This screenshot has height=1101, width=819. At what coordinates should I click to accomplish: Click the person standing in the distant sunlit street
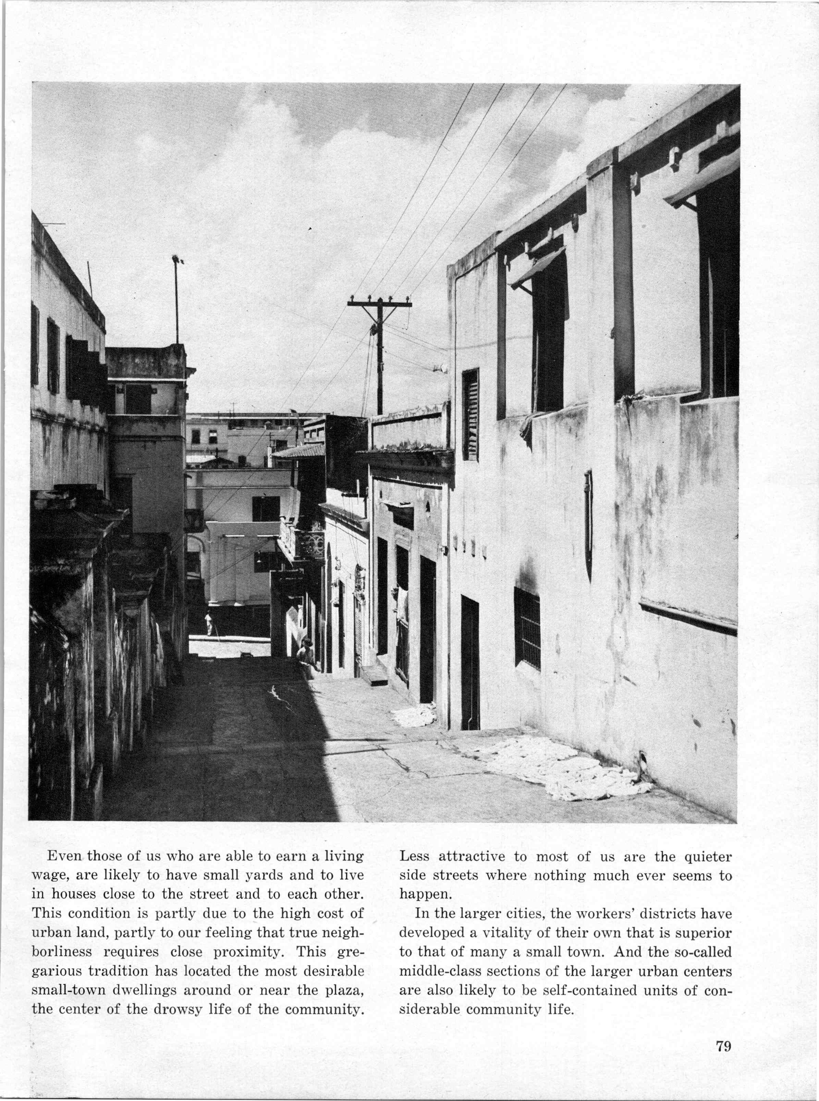click(209, 623)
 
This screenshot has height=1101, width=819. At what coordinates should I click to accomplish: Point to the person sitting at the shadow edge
click(305, 655)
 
